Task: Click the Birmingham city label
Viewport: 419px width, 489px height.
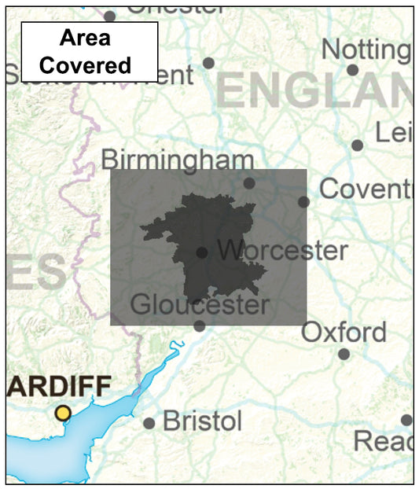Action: [177, 160]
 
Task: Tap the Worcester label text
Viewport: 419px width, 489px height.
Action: [282, 251]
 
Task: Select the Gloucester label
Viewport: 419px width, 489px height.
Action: [200, 304]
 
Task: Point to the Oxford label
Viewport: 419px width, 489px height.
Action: [344, 332]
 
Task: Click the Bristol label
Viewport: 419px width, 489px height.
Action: [202, 421]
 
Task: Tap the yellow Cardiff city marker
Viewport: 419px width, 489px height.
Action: [63, 414]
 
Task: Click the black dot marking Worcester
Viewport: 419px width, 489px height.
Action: [202, 252]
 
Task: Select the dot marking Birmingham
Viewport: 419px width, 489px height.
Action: [249, 183]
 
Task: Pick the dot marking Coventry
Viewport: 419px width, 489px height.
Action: [303, 202]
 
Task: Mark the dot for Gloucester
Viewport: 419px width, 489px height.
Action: [200, 326]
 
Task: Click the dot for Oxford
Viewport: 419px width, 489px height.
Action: [344, 354]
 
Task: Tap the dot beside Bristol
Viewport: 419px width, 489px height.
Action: [149, 423]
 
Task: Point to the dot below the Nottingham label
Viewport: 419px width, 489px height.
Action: [352, 70]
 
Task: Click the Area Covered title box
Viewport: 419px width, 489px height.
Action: [89, 52]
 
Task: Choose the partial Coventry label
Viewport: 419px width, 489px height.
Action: [366, 189]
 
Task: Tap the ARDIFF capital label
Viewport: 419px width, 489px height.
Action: [59, 388]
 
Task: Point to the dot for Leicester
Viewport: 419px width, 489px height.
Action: [358, 145]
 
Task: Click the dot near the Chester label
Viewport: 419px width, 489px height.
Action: [109, 16]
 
